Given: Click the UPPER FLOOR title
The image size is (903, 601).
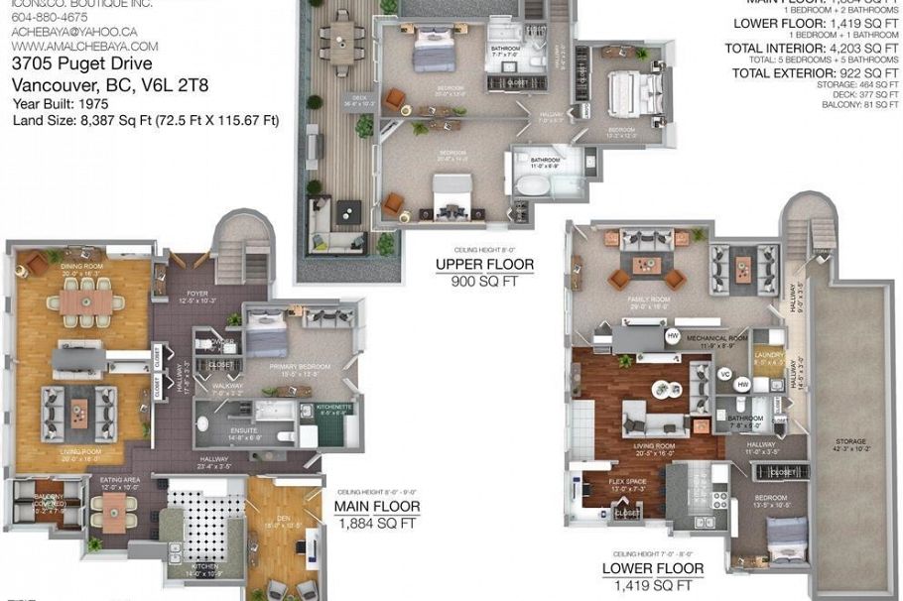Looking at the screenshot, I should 484,265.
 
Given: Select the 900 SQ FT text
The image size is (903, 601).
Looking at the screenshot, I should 484,282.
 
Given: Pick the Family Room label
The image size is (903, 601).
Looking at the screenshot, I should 648,300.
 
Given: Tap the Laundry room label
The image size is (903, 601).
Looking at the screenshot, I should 769,356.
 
